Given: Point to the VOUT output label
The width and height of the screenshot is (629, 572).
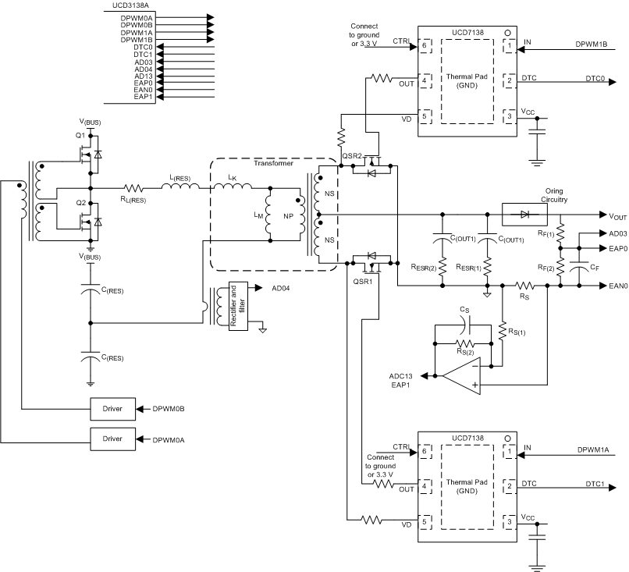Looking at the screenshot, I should (x=613, y=215).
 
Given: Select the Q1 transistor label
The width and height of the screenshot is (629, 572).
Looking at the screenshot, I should (x=79, y=133).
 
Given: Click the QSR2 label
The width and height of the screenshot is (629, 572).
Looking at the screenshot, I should (x=351, y=156).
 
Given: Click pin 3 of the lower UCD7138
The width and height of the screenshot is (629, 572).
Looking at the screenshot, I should (x=510, y=520).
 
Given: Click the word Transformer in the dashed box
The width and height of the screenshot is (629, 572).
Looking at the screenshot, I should (x=272, y=163).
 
